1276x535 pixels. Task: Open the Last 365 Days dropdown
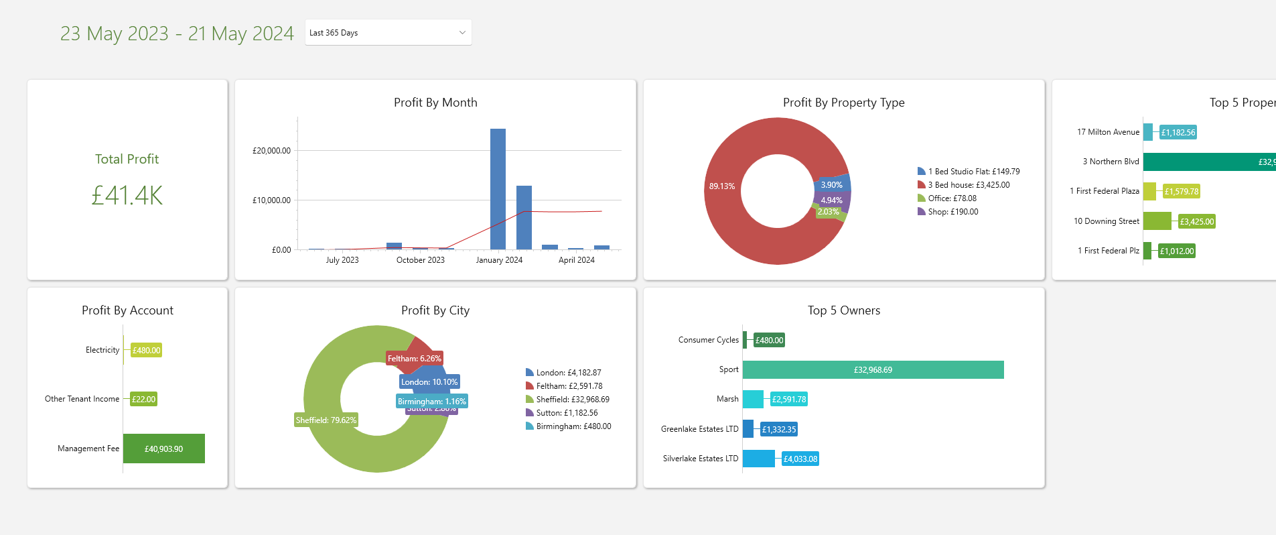[x=388, y=33]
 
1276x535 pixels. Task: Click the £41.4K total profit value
[x=127, y=196]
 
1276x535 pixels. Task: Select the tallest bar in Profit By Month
[x=498, y=188]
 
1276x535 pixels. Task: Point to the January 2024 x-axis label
[x=499, y=260]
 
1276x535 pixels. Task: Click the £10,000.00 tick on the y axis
[x=271, y=200]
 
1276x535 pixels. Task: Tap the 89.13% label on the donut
[x=722, y=186]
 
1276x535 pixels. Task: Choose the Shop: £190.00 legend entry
[x=952, y=212]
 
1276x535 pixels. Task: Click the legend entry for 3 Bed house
[x=968, y=185]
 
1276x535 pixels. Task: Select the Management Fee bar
[x=164, y=449]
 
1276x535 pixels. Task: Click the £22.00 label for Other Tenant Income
[x=143, y=400]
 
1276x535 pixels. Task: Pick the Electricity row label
[x=102, y=350]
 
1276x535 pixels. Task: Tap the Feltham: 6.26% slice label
[x=414, y=359]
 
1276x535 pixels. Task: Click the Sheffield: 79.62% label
[x=326, y=420]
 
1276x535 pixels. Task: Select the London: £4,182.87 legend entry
[x=568, y=373]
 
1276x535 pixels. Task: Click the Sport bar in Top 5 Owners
[x=873, y=370]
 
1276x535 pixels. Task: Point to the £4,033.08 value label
[x=800, y=459]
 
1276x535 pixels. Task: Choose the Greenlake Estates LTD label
[x=699, y=429]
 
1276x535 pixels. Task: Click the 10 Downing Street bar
[x=1157, y=221]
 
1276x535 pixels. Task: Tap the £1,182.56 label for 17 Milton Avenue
[x=1178, y=133]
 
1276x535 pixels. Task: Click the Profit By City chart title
[x=435, y=310]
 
